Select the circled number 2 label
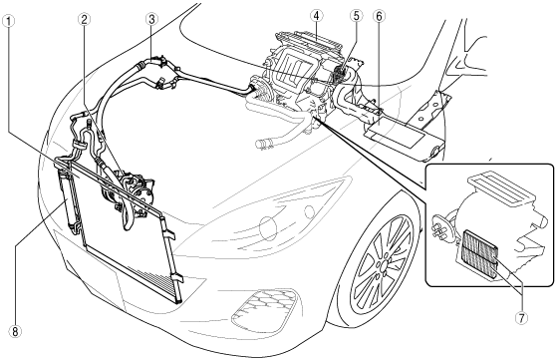point(84,20)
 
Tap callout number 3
point(151,19)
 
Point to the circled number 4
point(317,16)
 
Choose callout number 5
point(356,16)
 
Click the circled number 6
point(379,16)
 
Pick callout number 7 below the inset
point(521,318)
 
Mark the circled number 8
point(15,332)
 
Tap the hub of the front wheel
point(382,266)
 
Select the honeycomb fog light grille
point(264,308)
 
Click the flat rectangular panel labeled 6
point(396,135)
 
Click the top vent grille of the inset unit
point(501,187)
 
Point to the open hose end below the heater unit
point(261,144)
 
